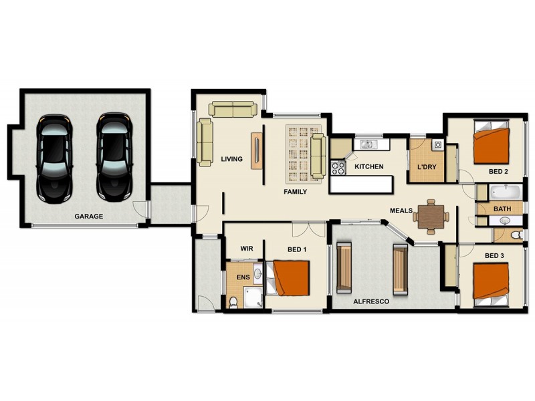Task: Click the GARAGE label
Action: pyautogui.click(x=88, y=216)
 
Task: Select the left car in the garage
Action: pyautogui.click(x=55, y=158)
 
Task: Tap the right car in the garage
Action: pyautogui.click(x=114, y=158)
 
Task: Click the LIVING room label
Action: pyautogui.click(x=231, y=159)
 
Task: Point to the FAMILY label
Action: pyautogui.click(x=295, y=192)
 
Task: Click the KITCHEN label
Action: pyautogui.click(x=368, y=166)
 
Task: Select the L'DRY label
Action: pyautogui.click(x=426, y=166)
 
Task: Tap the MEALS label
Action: pyautogui.click(x=401, y=211)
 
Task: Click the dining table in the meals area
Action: pyautogui.click(x=431, y=215)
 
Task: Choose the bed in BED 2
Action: pyautogui.click(x=492, y=143)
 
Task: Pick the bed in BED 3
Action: pyautogui.click(x=491, y=285)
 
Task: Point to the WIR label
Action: pyautogui.click(x=246, y=249)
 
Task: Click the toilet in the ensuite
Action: pyautogui.click(x=233, y=303)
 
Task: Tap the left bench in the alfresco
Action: pyautogui.click(x=344, y=269)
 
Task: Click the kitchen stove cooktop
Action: pyautogui.click(x=337, y=167)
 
